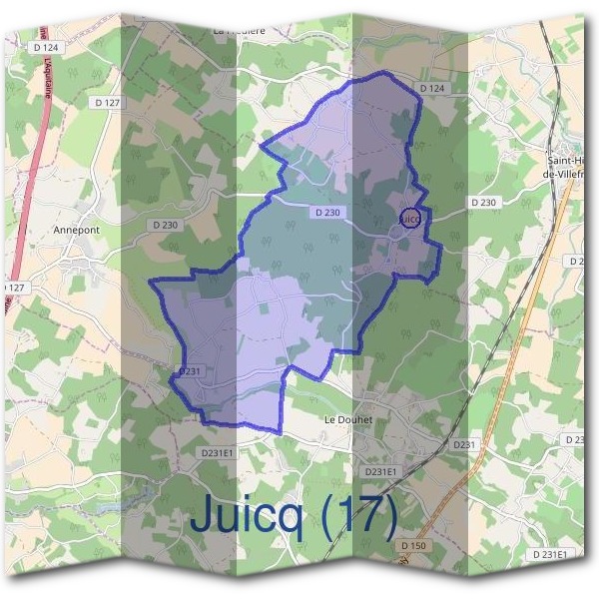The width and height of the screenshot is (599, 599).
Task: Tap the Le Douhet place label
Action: [347, 420]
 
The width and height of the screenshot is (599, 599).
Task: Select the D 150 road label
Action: [413, 546]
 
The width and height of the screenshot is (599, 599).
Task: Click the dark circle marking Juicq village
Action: [409, 217]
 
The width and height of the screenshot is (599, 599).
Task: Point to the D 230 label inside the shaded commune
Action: [326, 213]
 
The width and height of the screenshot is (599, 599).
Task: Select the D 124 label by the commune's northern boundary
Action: [431, 89]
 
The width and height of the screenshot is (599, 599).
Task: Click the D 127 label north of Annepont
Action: [107, 102]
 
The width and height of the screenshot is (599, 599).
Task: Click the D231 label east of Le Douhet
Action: [465, 443]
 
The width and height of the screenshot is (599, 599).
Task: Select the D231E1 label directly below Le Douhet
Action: [380, 470]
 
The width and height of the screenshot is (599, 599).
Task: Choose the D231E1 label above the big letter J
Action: [217, 453]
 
